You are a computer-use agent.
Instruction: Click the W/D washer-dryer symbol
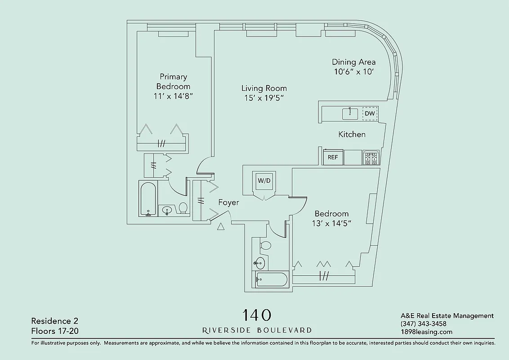tap(263, 181)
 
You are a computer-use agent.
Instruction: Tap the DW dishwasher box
tap(370, 113)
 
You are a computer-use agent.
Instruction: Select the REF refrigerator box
tap(333, 157)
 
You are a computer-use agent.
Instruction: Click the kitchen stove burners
tap(371, 158)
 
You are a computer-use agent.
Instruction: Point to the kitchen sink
tap(350, 113)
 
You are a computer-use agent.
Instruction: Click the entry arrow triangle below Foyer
tap(220, 227)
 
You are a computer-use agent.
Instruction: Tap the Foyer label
tap(228, 202)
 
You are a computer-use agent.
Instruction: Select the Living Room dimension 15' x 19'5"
tap(264, 98)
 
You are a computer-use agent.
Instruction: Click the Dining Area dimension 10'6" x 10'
tap(354, 72)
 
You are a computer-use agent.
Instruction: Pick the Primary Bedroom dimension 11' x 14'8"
tap(173, 96)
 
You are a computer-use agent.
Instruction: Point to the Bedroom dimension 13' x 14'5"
tap(331, 223)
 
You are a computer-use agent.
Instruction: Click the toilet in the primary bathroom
tap(183, 208)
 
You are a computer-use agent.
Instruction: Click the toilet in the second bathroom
tap(265, 246)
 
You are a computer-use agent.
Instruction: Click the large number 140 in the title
tap(257, 315)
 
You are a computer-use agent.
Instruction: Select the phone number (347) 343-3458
tap(423, 324)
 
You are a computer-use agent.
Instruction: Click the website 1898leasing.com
tap(426, 332)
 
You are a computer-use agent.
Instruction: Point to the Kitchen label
tap(352, 134)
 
